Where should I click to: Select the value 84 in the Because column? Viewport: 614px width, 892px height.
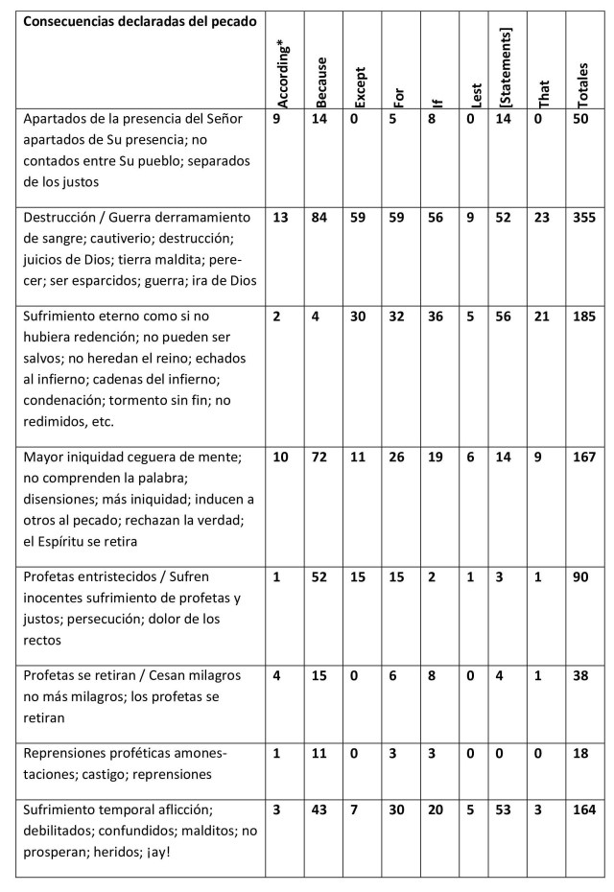tap(321, 218)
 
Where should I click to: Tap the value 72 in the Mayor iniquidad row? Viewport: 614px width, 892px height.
tap(321, 458)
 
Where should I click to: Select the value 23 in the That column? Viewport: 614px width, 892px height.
tap(544, 218)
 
